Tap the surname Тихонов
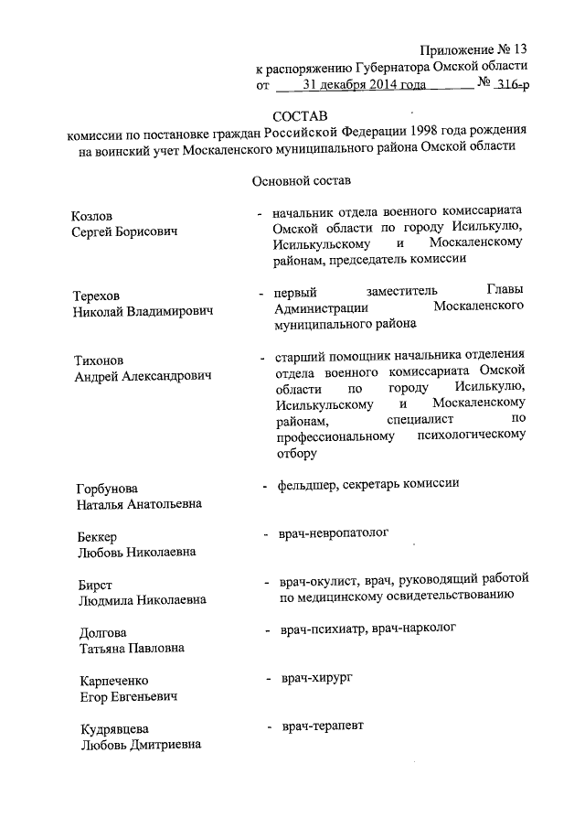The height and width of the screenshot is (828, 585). point(98,359)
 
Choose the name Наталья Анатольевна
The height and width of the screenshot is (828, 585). point(137,504)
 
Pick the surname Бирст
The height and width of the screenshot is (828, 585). point(90,585)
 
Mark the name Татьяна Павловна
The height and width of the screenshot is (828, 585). point(130,649)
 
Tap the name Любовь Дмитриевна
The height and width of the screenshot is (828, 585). point(137,745)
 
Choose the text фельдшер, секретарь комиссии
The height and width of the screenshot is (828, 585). point(368,483)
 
